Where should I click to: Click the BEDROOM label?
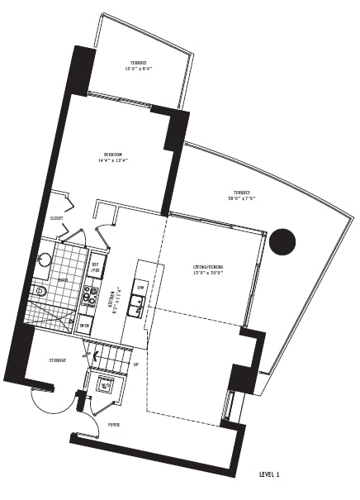coord(113,157)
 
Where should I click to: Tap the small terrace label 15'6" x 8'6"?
coord(138,65)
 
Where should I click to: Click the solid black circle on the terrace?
coord(282,241)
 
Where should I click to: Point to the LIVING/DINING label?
coord(208,269)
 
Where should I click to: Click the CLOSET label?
coord(56,219)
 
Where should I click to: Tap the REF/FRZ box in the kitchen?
coord(96,269)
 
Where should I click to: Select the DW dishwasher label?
coord(141,288)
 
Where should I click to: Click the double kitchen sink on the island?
coord(137,307)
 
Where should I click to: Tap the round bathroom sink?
coord(45,260)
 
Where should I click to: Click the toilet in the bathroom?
coord(39,291)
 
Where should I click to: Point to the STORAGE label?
coord(57,360)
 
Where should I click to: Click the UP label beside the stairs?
coord(135,364)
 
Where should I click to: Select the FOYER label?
coord(113,425)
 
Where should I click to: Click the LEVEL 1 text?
coord(269,474)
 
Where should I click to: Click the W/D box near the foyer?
coord(106,383)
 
